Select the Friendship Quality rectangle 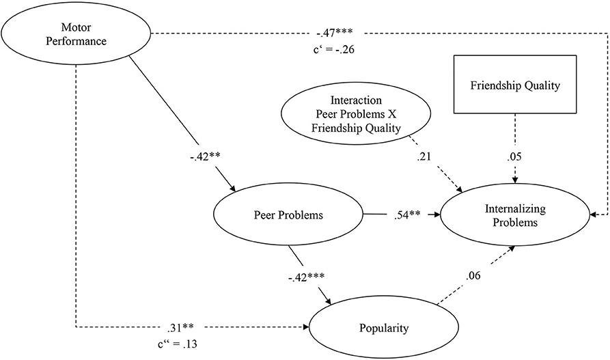coord(516,86)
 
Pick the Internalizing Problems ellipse coord(517,216)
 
